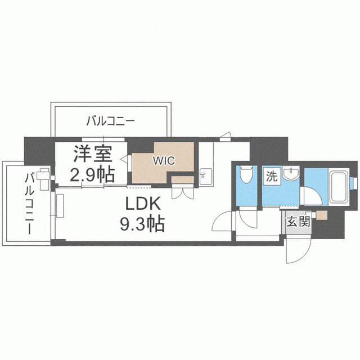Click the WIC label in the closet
[164, 161]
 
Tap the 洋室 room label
[93, 154]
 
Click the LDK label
[143, 204]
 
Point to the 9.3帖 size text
[142, 223]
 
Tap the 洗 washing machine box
[272, 177]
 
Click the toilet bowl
[246, 174]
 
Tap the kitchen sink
[206, 177]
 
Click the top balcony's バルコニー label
[110, 121]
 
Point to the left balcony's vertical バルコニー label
[30, 204]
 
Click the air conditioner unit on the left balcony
[45, 179]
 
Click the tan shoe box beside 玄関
[322, 215]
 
